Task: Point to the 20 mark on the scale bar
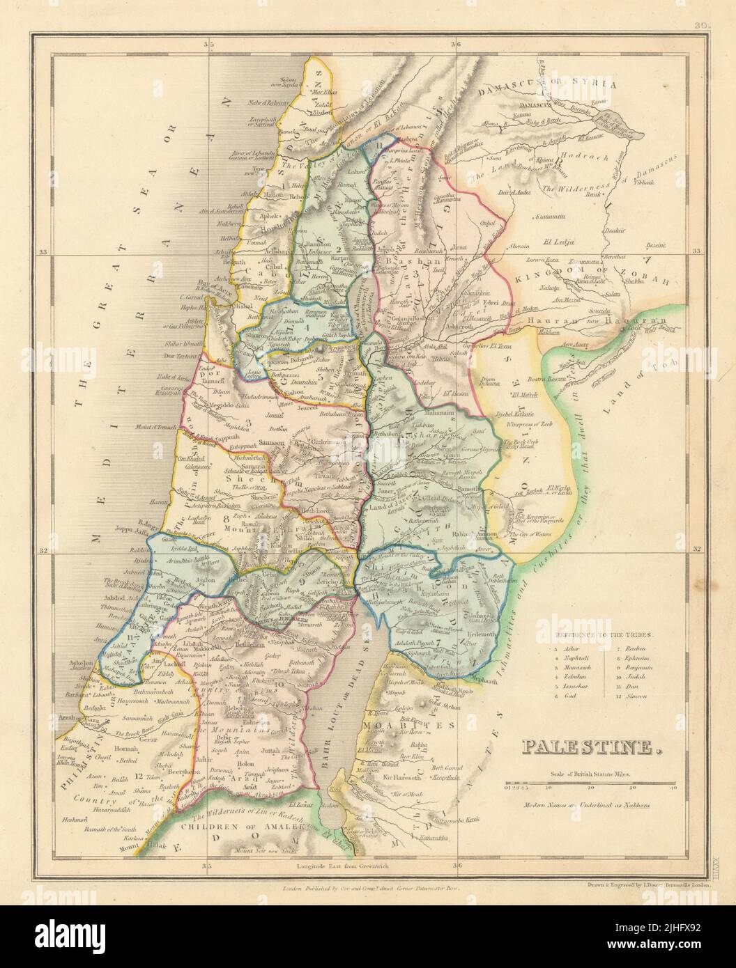point(591,789)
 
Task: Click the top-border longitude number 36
point(456,45)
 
